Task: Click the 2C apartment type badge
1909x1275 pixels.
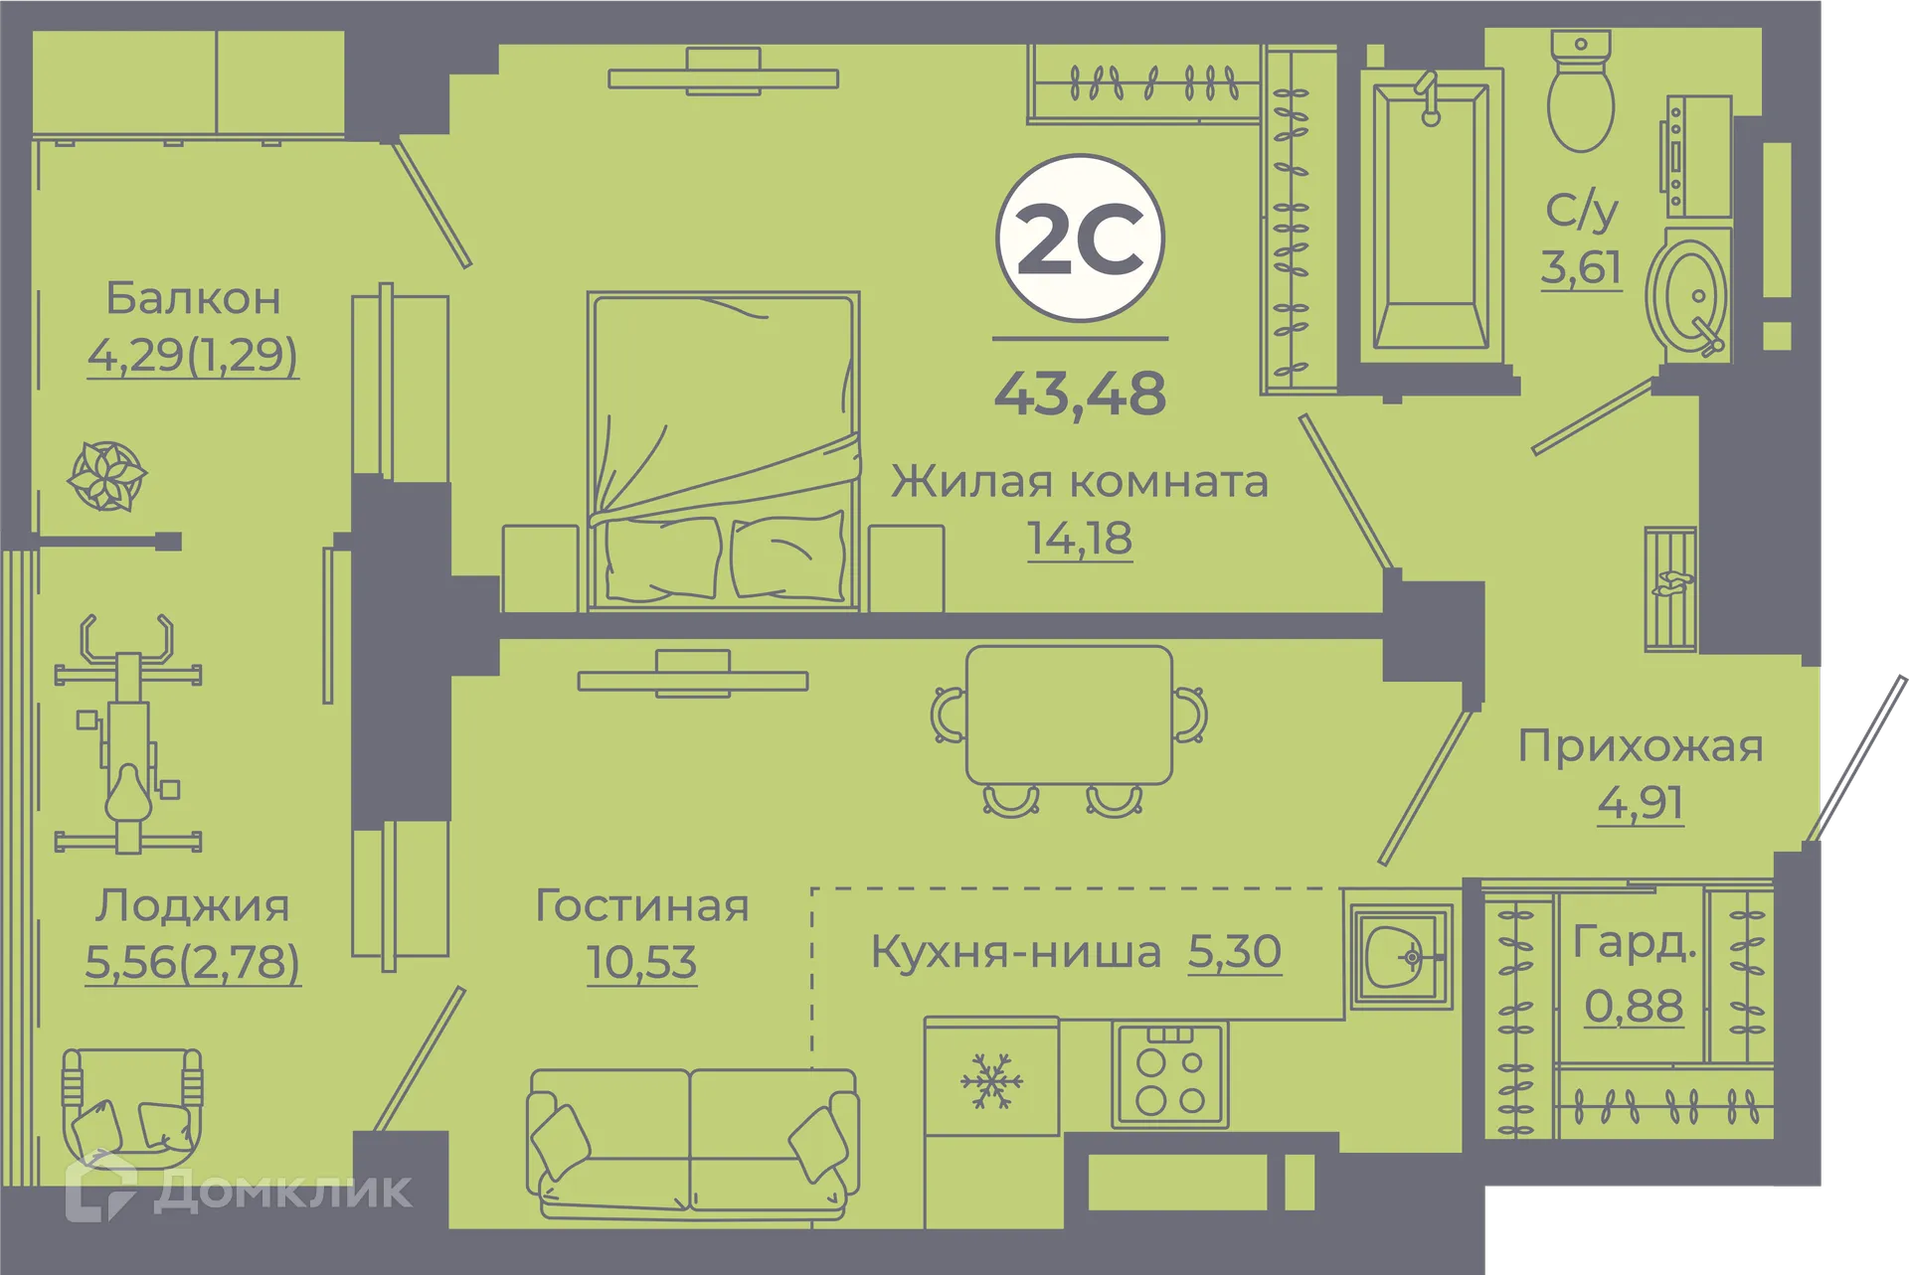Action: coord(1080,239)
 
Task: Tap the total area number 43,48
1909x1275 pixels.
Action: coord(1080,394)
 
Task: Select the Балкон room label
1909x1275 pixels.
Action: coord(193,298)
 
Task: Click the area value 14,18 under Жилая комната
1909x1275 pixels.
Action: coord(1080,539)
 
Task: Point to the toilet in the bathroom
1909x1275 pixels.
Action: coord(1580,94)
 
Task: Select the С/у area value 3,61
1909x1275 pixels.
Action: coord(1581,267)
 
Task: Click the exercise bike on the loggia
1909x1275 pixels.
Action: coord(128,735)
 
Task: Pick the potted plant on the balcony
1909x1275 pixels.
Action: coord(106,476)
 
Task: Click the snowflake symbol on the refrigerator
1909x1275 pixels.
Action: coord(991,1080)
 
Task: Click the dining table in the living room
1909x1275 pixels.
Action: coord(1069,716)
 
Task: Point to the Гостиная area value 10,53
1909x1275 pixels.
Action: coord(641,962)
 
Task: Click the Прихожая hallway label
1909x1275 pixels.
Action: coord(1640,746)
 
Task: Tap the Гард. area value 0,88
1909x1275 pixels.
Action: coord(1633,1006)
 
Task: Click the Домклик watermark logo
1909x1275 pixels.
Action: coord(239,1189)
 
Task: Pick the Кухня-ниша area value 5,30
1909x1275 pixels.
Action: coord(1234,952)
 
